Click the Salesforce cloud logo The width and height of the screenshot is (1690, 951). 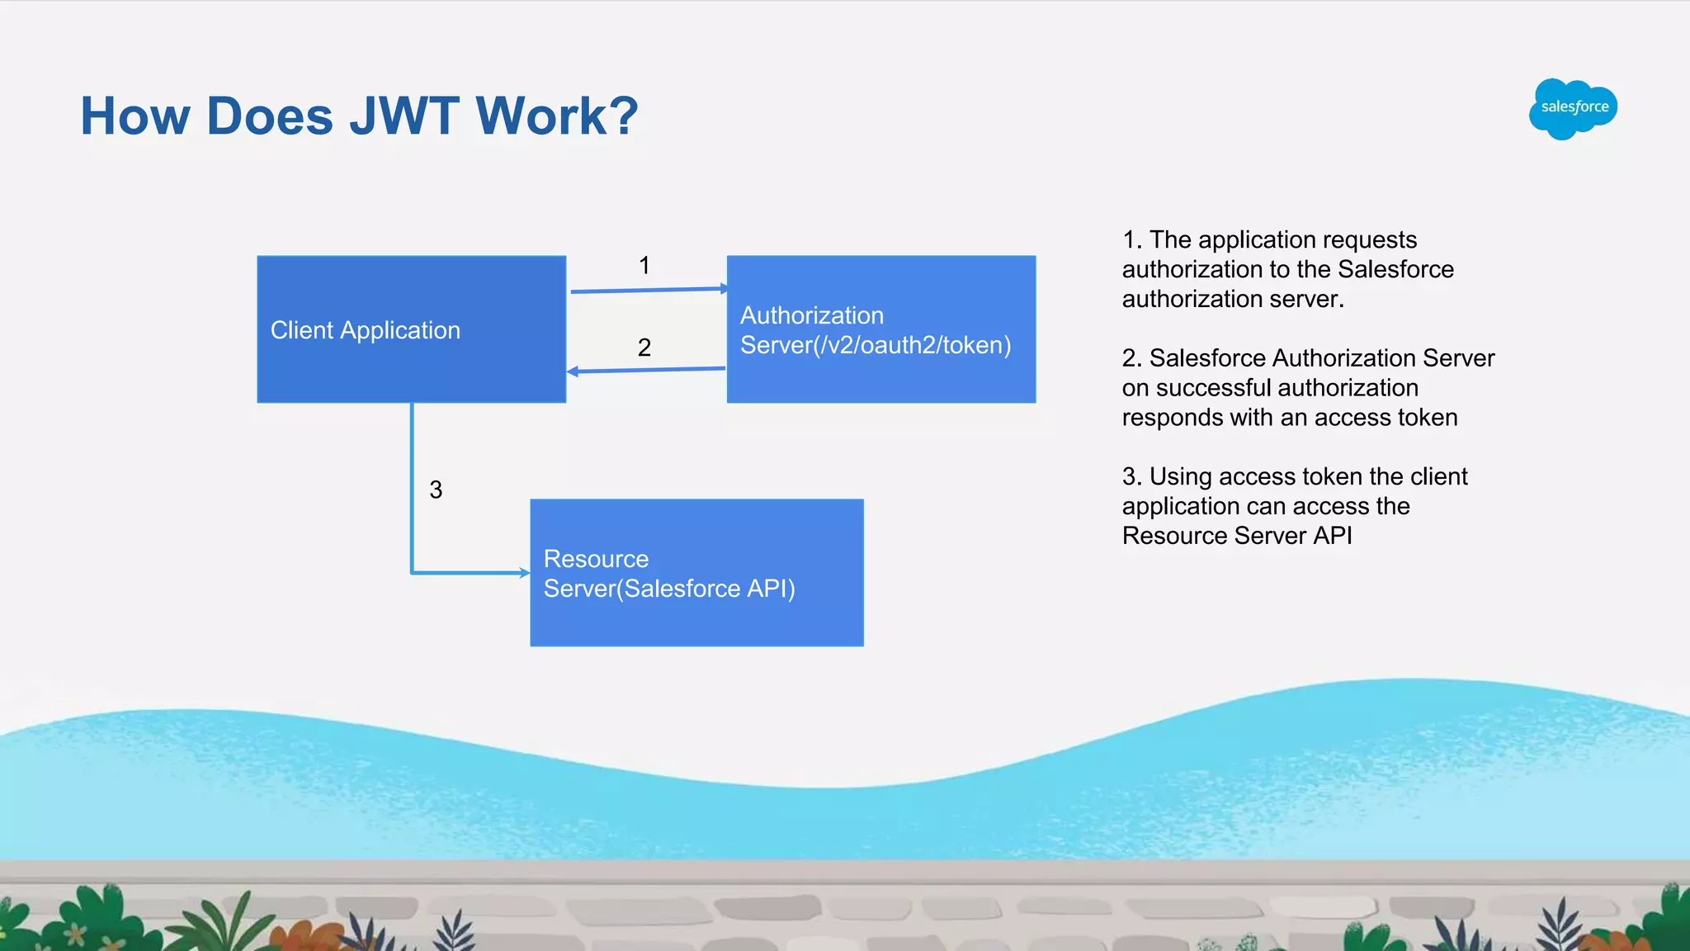tap(1573, 108)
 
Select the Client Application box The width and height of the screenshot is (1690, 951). tap(411, 329)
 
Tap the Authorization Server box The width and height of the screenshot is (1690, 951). tap(880, 329)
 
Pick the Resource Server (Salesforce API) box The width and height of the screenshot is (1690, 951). tap(696, 573)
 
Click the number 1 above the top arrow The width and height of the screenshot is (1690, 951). tap(644, 266)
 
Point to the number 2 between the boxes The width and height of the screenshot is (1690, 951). tap(644, 348)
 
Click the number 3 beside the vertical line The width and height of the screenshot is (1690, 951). tap(436, 490)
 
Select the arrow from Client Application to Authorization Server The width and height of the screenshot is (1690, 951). tap(648, 290)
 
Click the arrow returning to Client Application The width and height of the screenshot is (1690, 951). tap(648, 370)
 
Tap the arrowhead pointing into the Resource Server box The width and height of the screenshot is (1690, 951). tap(523, 572)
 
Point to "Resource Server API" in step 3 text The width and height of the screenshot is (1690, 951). tap(1237, 536)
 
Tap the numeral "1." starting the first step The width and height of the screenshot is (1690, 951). tap(1131, 240)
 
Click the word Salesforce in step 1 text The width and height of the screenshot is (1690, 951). tap(1395, 269)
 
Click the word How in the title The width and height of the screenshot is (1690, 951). tap(135, 116)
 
